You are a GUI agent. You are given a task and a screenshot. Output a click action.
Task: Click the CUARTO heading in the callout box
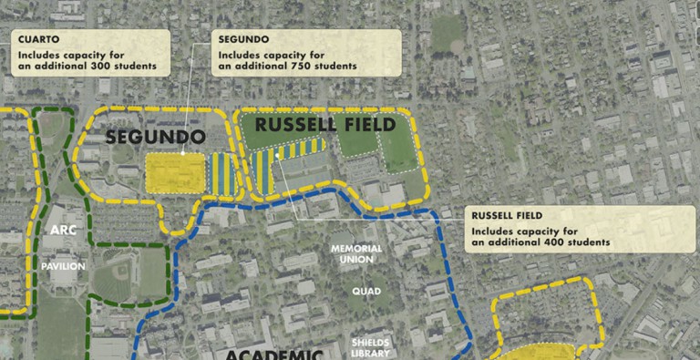(36, 40)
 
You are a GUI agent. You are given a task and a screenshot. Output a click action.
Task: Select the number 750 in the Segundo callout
(297, 67)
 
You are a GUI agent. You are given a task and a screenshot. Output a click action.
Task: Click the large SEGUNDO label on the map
(154, 138)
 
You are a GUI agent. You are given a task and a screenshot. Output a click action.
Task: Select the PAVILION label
(63, 266)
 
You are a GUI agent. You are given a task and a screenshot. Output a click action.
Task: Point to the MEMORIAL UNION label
(355, 253)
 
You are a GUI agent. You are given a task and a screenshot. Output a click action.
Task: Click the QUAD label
(365, 292)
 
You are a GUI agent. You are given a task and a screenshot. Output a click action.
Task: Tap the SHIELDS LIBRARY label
(371, 347)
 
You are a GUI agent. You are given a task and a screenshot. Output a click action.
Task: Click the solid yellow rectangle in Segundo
(176, 171)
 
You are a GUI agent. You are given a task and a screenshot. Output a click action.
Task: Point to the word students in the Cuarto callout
(131, 67)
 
